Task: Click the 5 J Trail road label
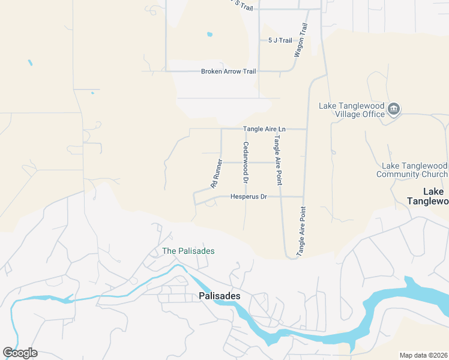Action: (280, 40)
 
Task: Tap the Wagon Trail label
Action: (300, 40)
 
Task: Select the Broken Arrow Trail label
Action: (229, 71)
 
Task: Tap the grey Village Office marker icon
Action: (394, 109)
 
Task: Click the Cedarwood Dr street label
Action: (246, 163)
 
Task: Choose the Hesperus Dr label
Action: (248, 197)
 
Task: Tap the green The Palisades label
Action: (188, 251)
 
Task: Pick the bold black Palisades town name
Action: (219, 296)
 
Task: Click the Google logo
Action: (20, 353)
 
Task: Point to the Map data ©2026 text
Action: (423, 355)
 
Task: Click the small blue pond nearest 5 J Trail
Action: (209, 34)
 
